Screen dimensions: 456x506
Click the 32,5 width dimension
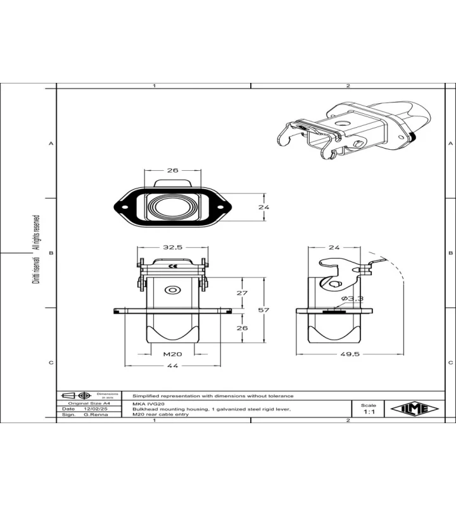click(172, 247)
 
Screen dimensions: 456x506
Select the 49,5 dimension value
click(350, 354)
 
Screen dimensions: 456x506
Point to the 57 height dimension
click(263, 310)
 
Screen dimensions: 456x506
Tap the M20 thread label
click(172, 354)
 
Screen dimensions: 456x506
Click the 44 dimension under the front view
click(172, 366)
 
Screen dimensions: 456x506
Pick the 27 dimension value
click(242, 293)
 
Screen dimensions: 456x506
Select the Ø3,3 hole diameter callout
click(352, 299)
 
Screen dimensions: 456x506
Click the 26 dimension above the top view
click(172, 170)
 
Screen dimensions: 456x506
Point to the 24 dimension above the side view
click(334, 247)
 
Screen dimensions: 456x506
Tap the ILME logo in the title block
click(415, 409)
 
